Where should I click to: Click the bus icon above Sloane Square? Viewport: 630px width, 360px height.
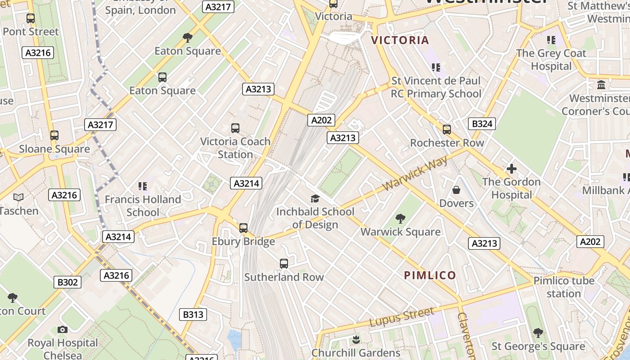(x=54, y=135)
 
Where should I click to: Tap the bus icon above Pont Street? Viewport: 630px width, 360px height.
(x=31, y=18)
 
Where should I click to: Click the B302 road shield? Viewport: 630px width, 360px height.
(x=67, y=282)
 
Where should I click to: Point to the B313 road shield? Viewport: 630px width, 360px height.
(x=193, y=315)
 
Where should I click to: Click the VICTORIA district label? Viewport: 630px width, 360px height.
(x=400, y=40)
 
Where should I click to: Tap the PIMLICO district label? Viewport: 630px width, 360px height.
(x=430, y=275)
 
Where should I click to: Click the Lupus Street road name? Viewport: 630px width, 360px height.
(x=402, y=317)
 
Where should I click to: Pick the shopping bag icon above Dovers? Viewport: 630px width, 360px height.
(x=456, y=190)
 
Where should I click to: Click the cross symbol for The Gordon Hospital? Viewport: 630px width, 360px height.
(x=511, y=169)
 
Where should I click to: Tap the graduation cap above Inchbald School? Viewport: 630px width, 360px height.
(x=315, y=198)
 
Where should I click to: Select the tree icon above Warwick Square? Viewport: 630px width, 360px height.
(x=400, y=219)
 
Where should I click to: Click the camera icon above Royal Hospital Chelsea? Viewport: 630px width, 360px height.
(x=63, y=329)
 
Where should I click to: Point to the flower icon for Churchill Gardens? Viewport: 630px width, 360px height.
(x=356, y=339)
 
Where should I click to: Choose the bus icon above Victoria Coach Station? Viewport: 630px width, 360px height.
(x=235, y=128)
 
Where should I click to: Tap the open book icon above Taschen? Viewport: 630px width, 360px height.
(x=18, y=197)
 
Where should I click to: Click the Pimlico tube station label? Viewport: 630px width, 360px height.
(x=564, y=287)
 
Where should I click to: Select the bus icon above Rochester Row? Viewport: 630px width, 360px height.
(x=447, y=130)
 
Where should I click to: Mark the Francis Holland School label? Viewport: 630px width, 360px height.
(x=143, y=206)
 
